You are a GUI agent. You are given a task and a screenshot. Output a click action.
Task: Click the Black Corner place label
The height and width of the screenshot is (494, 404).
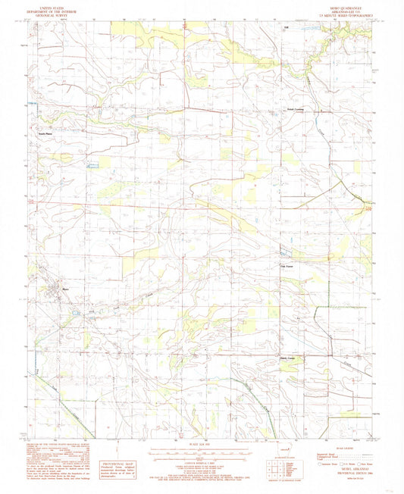tap(291, 358)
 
